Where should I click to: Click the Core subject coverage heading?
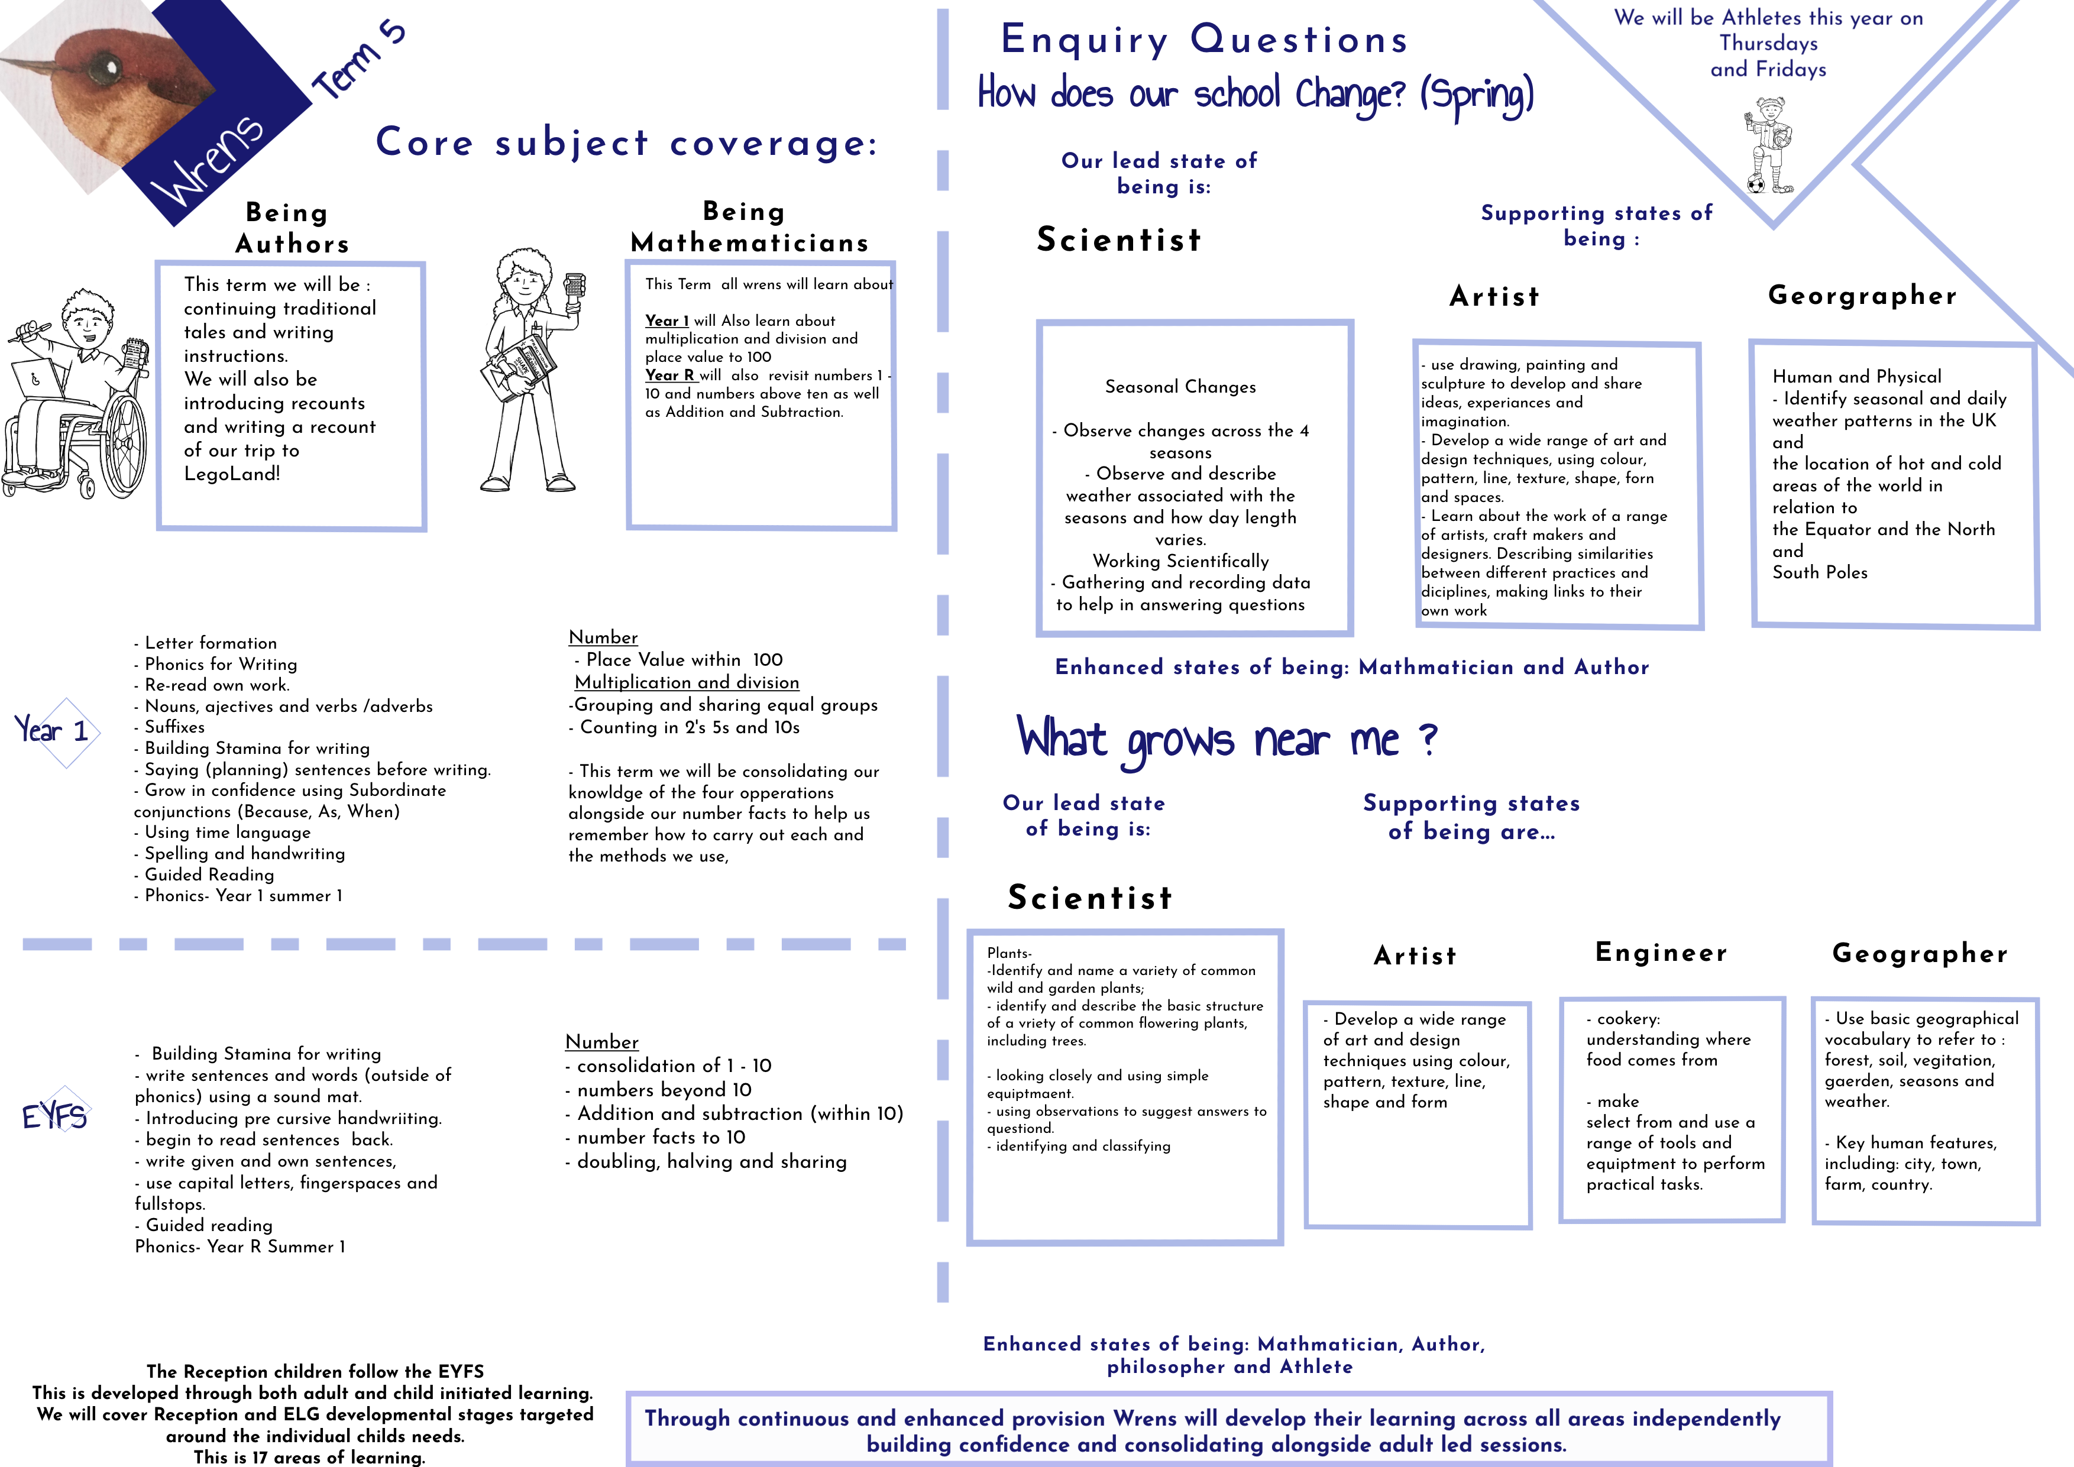pyautogui.click(x=627, y=143)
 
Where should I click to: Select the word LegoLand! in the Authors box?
pyautogui.click(x=232, y=474)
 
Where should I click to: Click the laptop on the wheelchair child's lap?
pyautogui.click(x=38, y=380)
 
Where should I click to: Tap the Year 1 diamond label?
pyautogui.click(x=53, y=730)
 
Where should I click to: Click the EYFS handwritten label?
pyautogui.click(x=54, y=1116)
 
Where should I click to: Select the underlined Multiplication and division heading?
pyautogui.click(x=687, y=682)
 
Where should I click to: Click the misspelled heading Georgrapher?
pyautogui.click(x=1863, y=296)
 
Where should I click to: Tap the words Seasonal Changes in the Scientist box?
pyautogui.click(x=1180, y=387)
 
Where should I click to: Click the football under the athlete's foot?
pyautogui.click(x=1756, y=184)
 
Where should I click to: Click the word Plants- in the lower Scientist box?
pyautogui.click(x=1009, y=953)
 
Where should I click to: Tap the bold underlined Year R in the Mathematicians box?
pyautogui.click(x=670, y=375)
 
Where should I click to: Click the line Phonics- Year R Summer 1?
pyautogui.click(x=240, y=1246)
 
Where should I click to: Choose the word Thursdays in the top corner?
pyautogui.click(x=1768, y=43)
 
